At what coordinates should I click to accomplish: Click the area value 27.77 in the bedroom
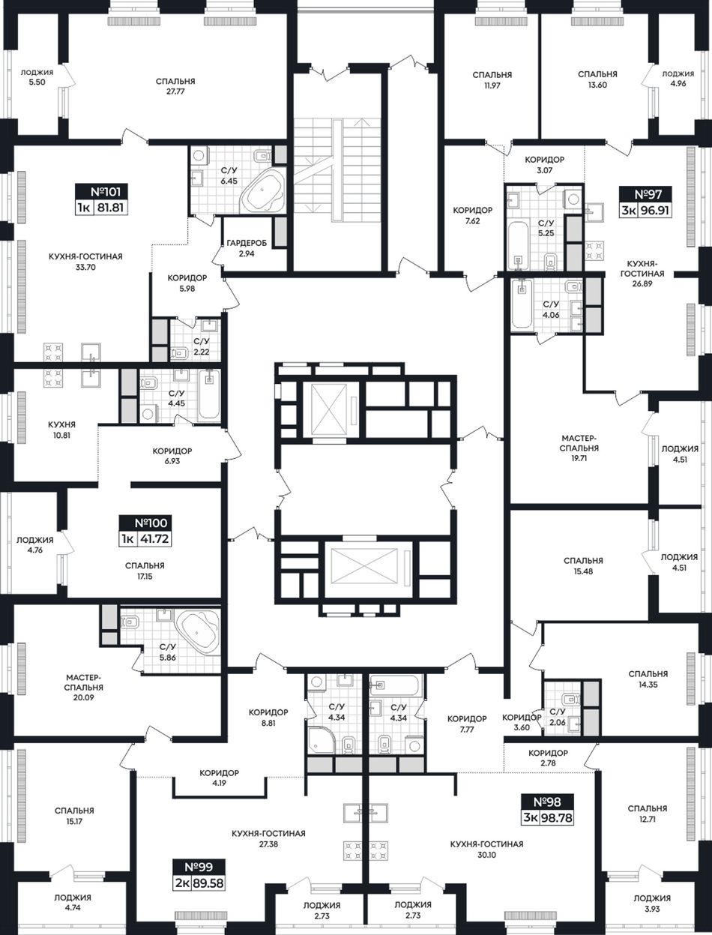[175, 91]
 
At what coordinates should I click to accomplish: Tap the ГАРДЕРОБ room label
[247, 243]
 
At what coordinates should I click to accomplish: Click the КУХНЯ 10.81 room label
[61, 430]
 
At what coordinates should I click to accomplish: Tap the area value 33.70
[85, 268]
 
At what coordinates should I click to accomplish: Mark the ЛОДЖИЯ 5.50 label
[37, 77]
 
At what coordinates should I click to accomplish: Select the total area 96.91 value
[654, 211]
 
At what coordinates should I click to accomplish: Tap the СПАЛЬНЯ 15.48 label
[583, 565]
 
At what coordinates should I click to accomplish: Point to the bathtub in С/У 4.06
[522, 304]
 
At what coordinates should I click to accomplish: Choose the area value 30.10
[487, 855]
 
